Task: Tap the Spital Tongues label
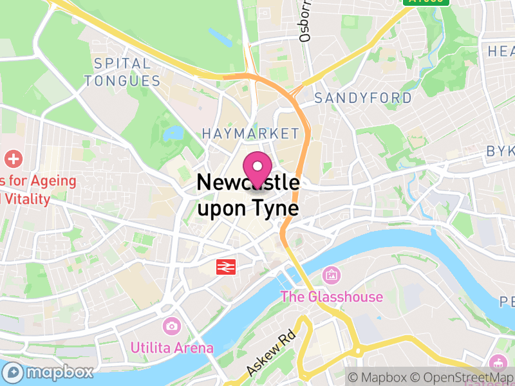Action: coord(122,72)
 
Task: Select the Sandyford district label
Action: coord(363,98)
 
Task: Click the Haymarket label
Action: coord(250,133)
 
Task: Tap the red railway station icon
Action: coord(226,266)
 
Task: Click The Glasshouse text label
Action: coord(332,297)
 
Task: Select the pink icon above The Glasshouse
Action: coord(332,275)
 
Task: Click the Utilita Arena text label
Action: coord(172,347)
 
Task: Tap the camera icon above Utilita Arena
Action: coord(171,326)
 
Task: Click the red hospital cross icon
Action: coord(13,158)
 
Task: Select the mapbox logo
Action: coord(49,372)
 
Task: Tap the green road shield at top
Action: coord(426,2)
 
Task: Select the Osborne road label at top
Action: coord(305,23)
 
